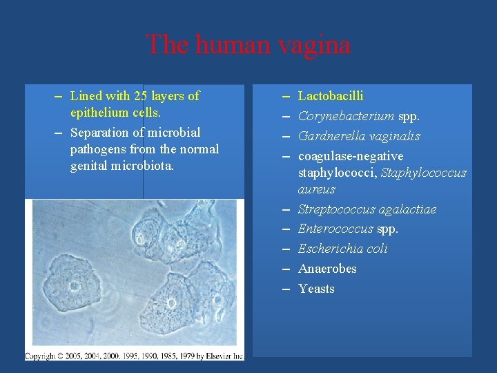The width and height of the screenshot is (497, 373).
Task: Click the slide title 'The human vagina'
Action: click(x=248, y=45)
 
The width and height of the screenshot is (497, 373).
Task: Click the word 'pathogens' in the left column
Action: click(x=96, y=149)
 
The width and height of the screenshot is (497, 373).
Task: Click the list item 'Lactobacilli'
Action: click(x=331, y=96)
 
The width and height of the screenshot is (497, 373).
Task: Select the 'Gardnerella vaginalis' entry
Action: click(x=359, y=136)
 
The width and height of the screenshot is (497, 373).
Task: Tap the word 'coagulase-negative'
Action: click(x=351, y=156)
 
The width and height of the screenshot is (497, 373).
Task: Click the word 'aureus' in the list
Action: click(x=317, y=189)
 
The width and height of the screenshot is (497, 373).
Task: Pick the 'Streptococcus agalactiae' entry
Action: click(x=367, y=209)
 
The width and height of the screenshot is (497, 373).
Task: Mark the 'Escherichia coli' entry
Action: click(x=343, y=249)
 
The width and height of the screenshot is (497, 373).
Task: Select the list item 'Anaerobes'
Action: click(x=327, y=269)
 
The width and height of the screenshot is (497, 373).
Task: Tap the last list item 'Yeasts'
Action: click(x=316, y=289)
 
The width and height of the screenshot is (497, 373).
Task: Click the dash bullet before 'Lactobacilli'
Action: click(x=286, y=97)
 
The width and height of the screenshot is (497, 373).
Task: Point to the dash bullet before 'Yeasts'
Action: click(x=286, y=289)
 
